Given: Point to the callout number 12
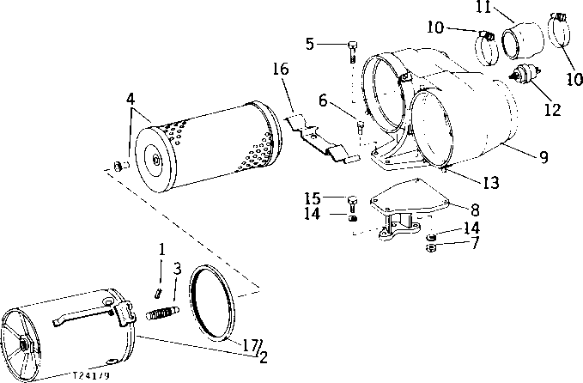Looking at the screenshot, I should click(552, 109).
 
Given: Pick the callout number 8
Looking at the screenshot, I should click(475, 209).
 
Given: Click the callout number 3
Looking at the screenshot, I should click(176, 269).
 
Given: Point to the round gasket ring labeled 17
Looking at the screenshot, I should click(213, 302).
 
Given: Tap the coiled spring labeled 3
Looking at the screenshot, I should click(162, 304).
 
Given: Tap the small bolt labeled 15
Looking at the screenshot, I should click(352, 204).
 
